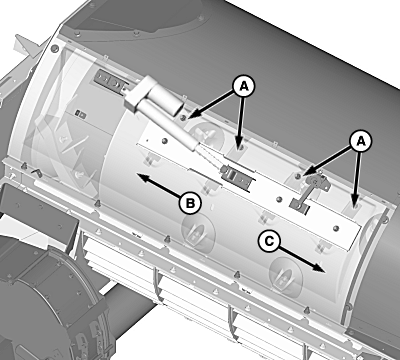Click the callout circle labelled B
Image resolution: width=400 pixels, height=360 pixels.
click(x=190, y=203)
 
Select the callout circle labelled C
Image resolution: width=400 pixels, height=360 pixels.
click(x=269, y=241)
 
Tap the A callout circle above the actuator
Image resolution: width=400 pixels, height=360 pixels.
click(x=244, y=87)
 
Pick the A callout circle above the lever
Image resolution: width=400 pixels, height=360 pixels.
click(x=361, y=142)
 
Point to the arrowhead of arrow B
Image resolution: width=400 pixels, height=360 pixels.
click(x=143, y=176)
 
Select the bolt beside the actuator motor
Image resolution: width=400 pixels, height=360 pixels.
click(x=183, y=117)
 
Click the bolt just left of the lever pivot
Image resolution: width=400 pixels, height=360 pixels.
click(x=299, y=176)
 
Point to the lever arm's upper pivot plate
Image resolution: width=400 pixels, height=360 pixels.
click(x=318, y=181)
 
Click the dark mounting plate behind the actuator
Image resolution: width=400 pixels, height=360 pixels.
click(x=108, y=81)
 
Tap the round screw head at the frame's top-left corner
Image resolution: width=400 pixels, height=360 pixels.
click(x=54, y=49)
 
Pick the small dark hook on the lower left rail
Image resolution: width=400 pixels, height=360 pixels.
click(x=36, y=172)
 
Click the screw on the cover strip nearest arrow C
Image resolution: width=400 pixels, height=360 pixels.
click(x=336, y=228)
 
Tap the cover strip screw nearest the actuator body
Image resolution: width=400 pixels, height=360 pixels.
click(x=163, y=141)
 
